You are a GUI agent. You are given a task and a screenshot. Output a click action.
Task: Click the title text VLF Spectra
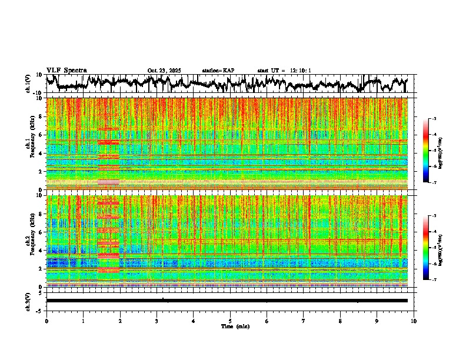click(66, 71)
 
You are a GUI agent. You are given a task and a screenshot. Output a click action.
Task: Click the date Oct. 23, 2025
click(164, 71)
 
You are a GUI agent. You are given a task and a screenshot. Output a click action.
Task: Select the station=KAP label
click(218, 71)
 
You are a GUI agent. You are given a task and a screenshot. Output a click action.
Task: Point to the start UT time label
click(284, 71)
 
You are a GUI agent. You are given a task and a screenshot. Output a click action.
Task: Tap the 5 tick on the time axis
click(230, 321)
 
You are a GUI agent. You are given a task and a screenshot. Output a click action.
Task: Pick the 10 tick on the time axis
click(414, 321)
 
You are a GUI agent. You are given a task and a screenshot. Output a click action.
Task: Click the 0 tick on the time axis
click(46, 321)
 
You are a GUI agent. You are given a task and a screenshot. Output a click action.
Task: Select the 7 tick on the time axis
click(304, 321)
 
